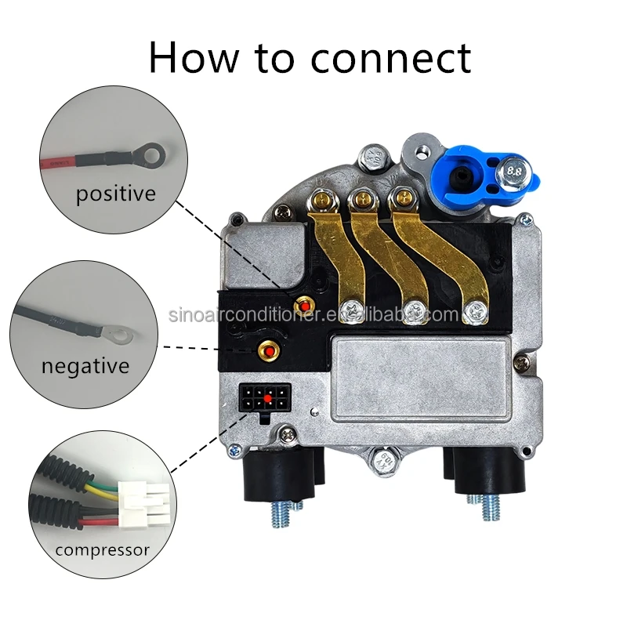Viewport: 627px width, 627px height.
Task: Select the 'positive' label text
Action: tap(115, 193)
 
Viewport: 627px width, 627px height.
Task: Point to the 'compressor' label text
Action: tap(102, 549)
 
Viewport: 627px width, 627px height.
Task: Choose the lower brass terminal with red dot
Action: tap(270, 350)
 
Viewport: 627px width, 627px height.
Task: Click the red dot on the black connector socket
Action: tap(268, 399)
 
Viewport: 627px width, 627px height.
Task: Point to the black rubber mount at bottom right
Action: tap(480, 474)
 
